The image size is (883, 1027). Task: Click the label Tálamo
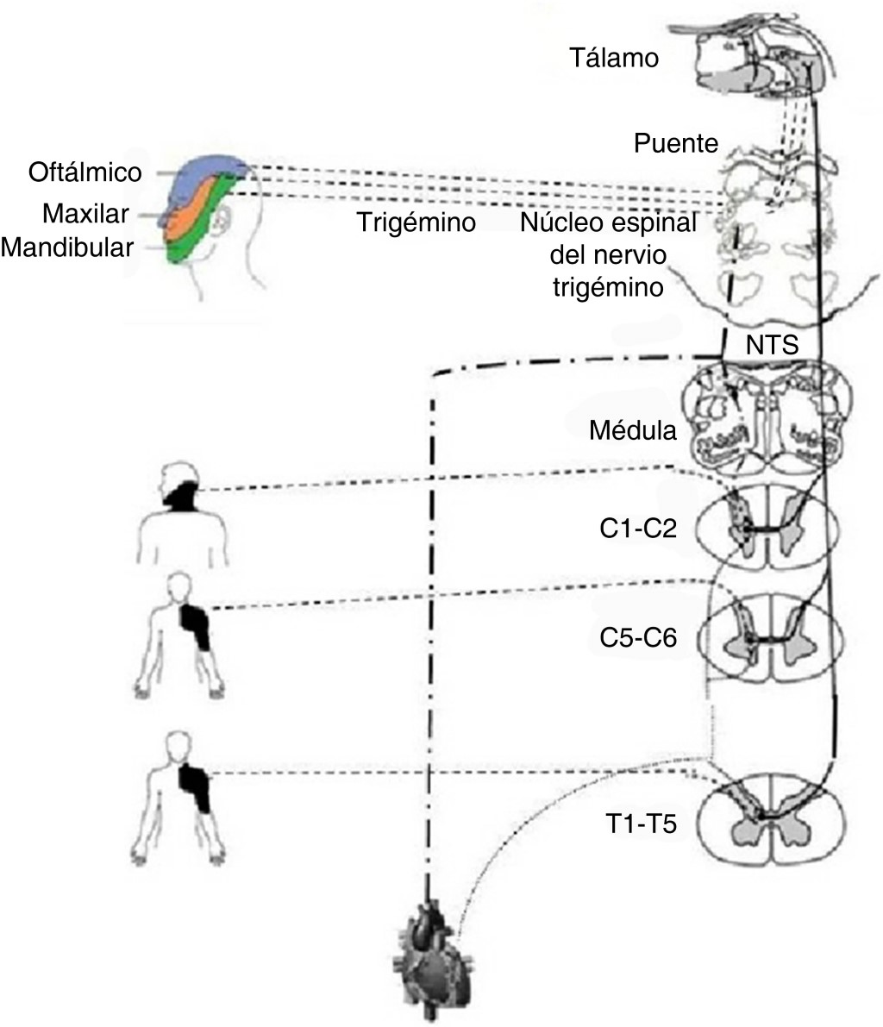tap(614, 59)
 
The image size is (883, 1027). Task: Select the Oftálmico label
tap(84, 172)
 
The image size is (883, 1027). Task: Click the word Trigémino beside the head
tap(417, 223)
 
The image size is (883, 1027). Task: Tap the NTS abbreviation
tap(772, 345)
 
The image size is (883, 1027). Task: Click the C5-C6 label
tap(637, 639)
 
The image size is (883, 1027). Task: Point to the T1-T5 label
tap(638, 824)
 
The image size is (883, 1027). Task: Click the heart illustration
tap(428, 955)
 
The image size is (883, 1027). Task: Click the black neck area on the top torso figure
tap(185, 498)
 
